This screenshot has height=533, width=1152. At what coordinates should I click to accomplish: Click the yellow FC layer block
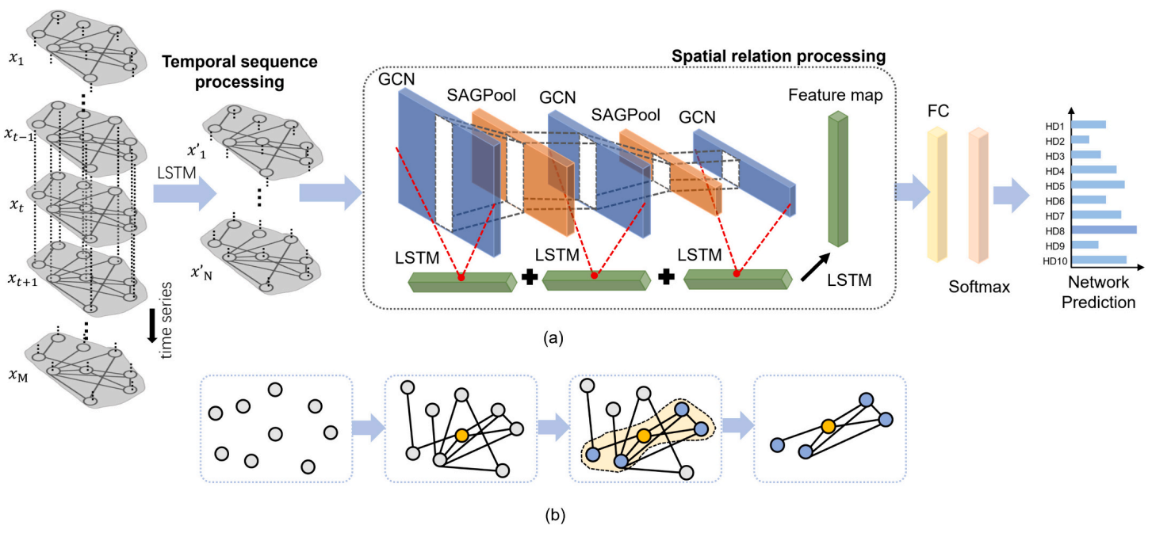point(937,193)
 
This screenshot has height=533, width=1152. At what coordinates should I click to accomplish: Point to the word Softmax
point(979,287)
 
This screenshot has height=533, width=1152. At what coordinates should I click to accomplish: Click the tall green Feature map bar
point(836,178)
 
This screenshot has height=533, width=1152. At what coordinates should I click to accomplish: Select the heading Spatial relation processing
point(778,57)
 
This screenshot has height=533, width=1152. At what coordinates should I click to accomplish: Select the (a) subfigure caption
point(553,339)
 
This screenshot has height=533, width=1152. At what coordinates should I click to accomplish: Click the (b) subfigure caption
point(555,516)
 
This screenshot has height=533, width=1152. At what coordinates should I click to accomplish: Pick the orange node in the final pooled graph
point(829,427)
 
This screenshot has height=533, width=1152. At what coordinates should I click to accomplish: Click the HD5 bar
point(1097,185)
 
